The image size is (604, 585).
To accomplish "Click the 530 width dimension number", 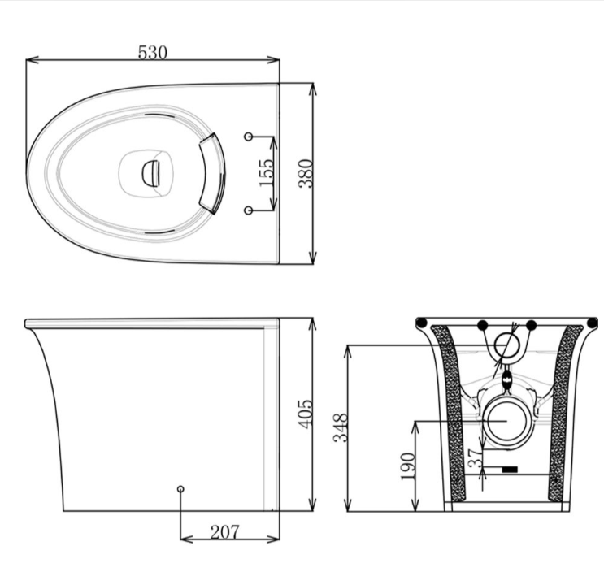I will point(152,52).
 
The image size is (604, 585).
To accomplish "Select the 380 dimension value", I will point(306,173).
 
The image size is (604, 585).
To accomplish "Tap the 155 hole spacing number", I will point(267,172).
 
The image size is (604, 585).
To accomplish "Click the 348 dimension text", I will point(341,428).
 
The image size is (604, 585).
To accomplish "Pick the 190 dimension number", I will point(408,466).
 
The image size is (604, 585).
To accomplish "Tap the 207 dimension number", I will point(224,533).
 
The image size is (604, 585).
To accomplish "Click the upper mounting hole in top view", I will point(249,136).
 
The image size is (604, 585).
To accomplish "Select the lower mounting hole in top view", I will point(249,210).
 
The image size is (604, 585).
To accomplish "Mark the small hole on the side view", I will point(180,488).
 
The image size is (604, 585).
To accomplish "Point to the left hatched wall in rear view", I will point(452,414).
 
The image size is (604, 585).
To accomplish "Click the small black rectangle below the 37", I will point(510,470).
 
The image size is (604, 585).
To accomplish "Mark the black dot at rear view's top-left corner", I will point(422,323).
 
